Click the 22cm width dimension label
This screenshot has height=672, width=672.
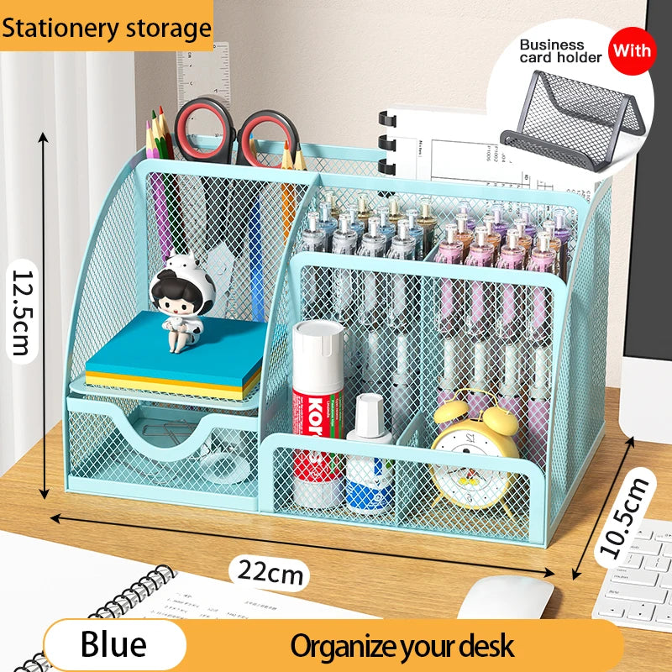[269, 573]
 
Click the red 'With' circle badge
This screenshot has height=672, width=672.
[631, 50]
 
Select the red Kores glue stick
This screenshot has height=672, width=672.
[318, 403]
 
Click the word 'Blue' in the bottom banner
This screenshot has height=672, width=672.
[113, 645]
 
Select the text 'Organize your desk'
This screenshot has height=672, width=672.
[402, 646]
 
